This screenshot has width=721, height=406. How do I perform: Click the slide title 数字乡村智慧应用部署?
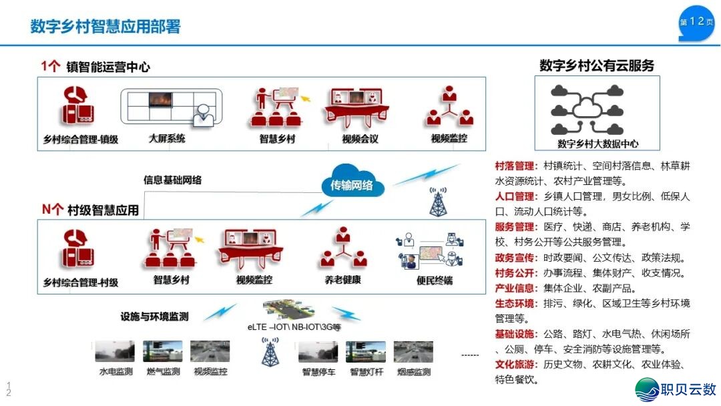tap(105, 27)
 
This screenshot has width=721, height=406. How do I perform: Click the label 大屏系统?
tap(167, 139)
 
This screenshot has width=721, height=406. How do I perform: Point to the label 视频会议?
tap(360, 139)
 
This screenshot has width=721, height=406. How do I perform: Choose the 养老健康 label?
tap(343, 280)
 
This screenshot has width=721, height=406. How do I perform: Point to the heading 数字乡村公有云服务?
tap(597, 65)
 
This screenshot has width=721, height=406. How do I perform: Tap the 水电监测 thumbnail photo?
tap(115, 352)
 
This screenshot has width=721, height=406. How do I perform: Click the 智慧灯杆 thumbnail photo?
tap(365, 352)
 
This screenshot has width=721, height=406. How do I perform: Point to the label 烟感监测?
tap(413, 372)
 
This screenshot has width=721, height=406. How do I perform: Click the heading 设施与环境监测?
tap(154, 317)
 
